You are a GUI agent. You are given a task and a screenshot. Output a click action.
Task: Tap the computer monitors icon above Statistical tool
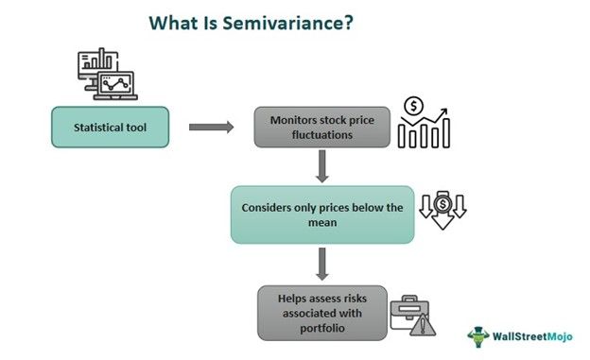[106, 75]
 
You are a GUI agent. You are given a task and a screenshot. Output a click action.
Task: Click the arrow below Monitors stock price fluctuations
[321, 165]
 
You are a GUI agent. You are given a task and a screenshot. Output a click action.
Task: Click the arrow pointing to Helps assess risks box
[321, 264]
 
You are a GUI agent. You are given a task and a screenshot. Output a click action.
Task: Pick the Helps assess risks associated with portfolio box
[321, 313]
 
